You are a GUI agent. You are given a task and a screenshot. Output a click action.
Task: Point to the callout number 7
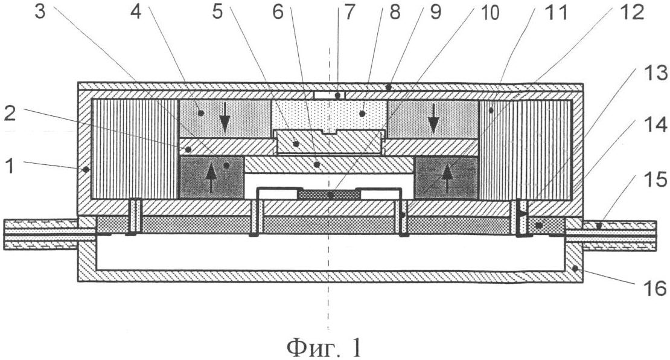[x=349, y=12]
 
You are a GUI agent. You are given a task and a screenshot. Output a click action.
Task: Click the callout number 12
[x=633, y=12]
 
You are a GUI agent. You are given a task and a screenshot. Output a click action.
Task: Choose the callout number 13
[x=656, y=73]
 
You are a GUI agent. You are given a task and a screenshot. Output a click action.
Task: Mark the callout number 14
[x=656, y=125]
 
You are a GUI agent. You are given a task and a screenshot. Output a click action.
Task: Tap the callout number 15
[x=656, y=179]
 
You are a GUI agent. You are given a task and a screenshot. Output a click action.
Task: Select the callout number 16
[x=656, y=289]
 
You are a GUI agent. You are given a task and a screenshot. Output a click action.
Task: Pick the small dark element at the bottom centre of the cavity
[x=328, y=194]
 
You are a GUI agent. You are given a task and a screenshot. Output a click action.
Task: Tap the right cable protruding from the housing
[x=611, y=235]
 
